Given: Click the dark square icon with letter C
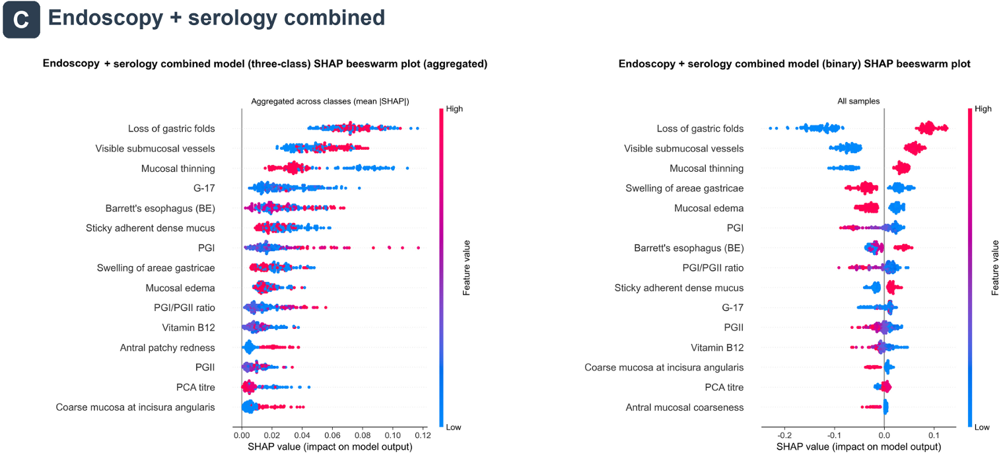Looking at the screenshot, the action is click(21, 19).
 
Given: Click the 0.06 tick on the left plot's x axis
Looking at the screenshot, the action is click(332, 435).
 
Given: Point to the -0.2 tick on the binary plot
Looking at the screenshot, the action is click(784, 435).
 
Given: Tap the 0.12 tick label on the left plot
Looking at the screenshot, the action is click(423, 435).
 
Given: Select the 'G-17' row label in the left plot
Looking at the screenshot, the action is click(204, 188).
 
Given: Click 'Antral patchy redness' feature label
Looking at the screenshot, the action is click(167, 347).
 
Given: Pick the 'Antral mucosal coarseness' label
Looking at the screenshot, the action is click(685, 408).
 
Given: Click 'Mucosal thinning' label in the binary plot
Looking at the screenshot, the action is click(707, 168).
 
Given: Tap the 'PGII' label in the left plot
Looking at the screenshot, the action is click(205, 367).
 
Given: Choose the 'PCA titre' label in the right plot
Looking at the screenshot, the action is click(724, 387).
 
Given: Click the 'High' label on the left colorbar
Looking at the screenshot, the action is click(454, 109).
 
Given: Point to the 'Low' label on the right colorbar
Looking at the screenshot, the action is click(982, 427).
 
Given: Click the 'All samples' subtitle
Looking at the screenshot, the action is click(858, 101).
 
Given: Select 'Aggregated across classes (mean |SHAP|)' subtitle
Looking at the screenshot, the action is click(330, 101).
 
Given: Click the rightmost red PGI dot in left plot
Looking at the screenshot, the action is click(419, 248).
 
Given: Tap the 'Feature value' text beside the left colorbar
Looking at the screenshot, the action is click(466, 267).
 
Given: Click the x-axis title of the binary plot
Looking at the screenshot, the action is click(858, 447).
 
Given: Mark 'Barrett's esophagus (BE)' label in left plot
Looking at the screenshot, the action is click(160, 208).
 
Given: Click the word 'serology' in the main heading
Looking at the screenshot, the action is click(232, 18).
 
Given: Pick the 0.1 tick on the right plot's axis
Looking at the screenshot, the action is click(934, 435).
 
